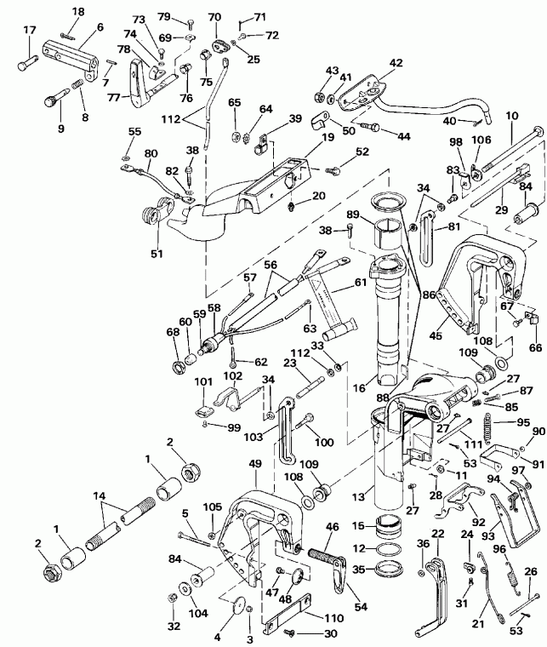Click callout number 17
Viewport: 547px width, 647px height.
tap(29, 31)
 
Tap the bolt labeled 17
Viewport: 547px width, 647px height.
tap(28, 60)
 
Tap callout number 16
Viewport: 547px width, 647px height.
tap(362, 387)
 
